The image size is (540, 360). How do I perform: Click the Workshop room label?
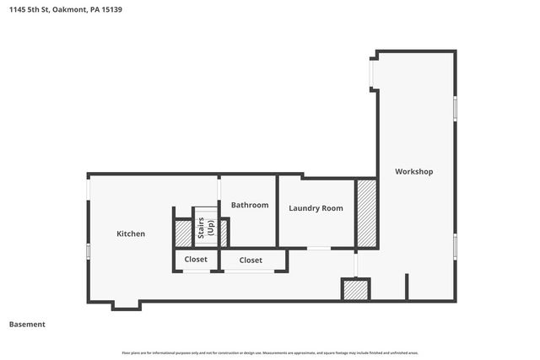pyautogui.click(x=414, y=171)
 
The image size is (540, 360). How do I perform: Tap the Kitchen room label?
pyautogui.click(x=131, y=234)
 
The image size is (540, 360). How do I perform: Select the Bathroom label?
pyautogui.click(x=250, y=205)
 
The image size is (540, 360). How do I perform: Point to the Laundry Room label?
pyautogui.click(x=316, y=208)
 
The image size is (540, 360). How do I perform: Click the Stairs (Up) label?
pyautogui.click(x=207, y=228)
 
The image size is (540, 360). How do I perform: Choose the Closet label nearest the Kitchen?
pyautogui.click(x=196, y=260)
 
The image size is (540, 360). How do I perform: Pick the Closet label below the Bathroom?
pyautogui.click(x=251, y=261)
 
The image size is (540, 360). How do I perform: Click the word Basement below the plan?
pyautogui.click(x=27, y=324)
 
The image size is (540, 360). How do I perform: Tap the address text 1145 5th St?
pyautogui.click(x=30, y=10)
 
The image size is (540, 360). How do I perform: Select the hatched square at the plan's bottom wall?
pyautogui.click(x=355, y=290)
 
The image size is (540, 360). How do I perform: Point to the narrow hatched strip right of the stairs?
pyautogui.click(x=224, y=234)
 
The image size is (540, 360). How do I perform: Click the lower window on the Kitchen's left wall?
pyautogui.click(x=88, y=251)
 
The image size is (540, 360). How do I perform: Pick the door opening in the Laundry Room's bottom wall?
pyautogui.click(x=318, y=248)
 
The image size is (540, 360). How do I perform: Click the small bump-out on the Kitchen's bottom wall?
pyautogui.click(x=127, y=305)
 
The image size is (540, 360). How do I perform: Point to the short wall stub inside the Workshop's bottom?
pyautogui.click(x=407, y=287)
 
